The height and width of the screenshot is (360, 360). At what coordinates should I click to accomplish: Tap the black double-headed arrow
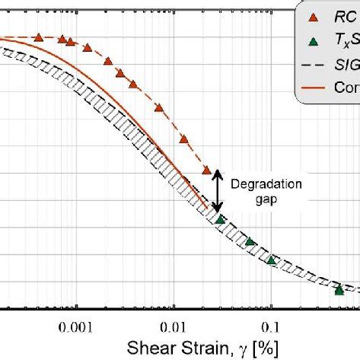218,190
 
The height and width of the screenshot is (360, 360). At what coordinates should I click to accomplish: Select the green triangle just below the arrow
221,220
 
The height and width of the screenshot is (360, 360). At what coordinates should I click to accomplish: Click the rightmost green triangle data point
339,288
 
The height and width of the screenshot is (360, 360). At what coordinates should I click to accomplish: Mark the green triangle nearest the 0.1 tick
272,260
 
